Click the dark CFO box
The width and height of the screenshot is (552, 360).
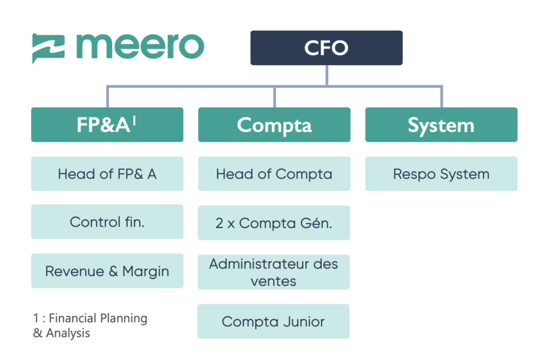326,48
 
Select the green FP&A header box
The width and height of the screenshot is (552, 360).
107,124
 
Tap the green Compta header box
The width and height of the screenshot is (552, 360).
274,124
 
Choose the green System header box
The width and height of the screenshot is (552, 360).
441,124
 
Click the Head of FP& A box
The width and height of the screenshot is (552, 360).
107,174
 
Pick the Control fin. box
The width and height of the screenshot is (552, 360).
107,221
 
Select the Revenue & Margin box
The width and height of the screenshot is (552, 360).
107,271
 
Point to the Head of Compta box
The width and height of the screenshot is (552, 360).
274,174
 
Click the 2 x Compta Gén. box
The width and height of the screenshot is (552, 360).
274,223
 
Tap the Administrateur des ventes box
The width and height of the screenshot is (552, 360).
273,272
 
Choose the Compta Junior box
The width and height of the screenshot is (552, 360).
273,321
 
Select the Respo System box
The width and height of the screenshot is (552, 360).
441,174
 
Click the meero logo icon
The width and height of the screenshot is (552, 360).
48,49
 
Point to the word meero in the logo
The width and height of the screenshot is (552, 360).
140,46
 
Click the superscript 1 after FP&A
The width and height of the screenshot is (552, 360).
134,121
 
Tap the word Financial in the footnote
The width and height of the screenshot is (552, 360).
73,318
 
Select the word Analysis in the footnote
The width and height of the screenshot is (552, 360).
68,333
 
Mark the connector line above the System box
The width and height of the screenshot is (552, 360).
441,97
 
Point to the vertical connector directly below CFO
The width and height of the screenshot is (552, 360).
327,75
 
